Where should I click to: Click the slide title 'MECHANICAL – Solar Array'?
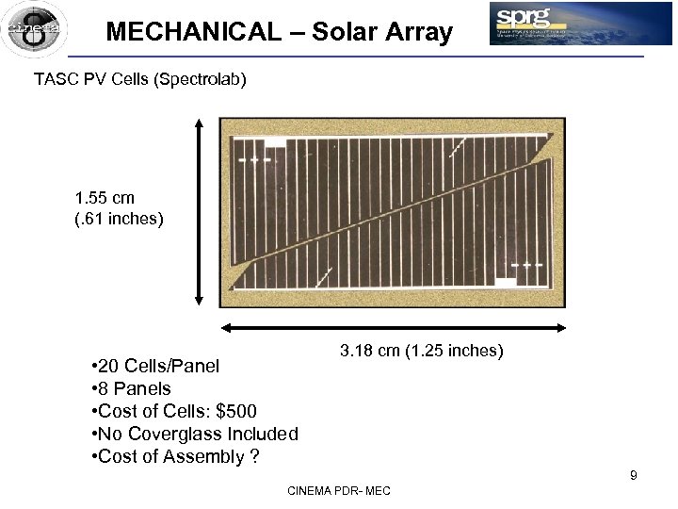coord(279,32)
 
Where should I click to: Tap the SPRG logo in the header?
coord(580,24)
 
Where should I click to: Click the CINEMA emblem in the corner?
coord(34,29)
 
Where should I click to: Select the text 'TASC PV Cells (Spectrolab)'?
coord(140,79)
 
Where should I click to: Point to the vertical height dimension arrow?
coord(199,211)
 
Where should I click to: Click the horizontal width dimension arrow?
coord(393,328)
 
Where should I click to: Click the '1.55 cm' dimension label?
coord(105,198)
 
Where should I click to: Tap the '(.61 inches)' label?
coord(119,220)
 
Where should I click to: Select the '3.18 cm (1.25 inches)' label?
coord(422,352)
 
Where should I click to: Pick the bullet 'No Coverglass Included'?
coord(195,434)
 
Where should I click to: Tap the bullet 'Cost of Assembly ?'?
coord(176,457)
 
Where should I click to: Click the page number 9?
coord(634,475)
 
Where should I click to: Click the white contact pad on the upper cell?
coord(275,142)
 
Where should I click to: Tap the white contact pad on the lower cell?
coord(506,282)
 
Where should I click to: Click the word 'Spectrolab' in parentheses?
coord(201,79)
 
